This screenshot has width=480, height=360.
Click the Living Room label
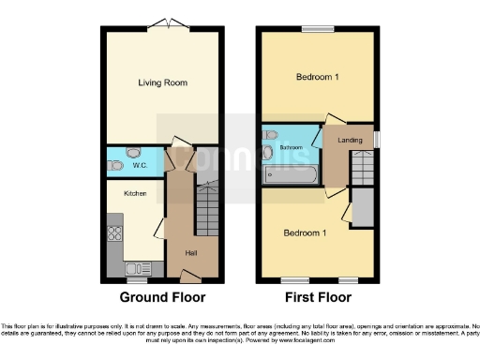pyautogui.click(x=163, y=82)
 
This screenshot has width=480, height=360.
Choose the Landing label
pyautogui.click(x=351, y=140)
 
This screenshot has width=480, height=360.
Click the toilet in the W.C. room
pyautogui.click(x=116, y=165)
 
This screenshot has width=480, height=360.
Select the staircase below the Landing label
pyautogui.click(x=361, y=170)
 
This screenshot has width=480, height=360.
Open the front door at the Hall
pyautogui.click(x=190, y=276)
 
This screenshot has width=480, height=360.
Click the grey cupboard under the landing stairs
pyautogui.click(x=361, y=209)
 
